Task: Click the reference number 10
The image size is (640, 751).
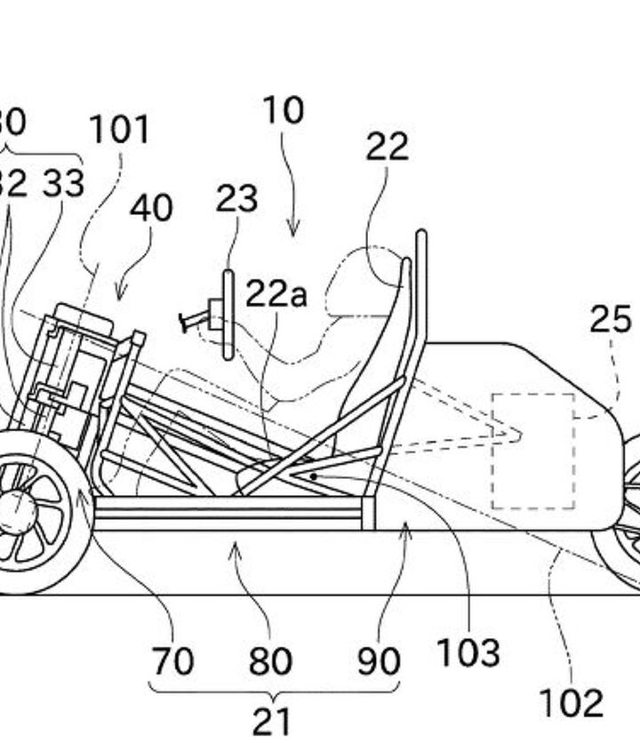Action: click(283, 111)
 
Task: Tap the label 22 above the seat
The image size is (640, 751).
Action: click(387, 147)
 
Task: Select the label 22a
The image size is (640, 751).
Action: click(276, 294)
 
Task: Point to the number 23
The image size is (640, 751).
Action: click(236, 199)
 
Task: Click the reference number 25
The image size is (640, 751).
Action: click(610, 320)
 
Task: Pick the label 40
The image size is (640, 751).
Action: click(151, 208)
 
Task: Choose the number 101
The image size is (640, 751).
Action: click(118, 131)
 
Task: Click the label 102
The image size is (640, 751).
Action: click(571, 703)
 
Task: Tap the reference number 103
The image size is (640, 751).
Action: click(468, 653)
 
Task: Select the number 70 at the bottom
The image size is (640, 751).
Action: click(172, 661)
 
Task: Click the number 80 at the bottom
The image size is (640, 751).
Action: click(269, 661)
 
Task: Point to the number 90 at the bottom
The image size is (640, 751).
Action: click(378, 661)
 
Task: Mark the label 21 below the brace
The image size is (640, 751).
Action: click(271, 722)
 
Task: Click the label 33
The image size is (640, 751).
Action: click(63, 183)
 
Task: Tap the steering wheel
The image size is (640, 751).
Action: click(228, 315)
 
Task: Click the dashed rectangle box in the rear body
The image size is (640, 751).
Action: click(533, 451)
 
